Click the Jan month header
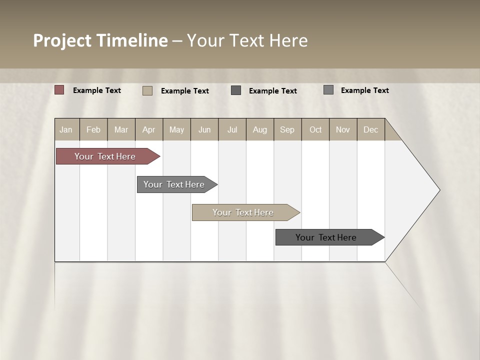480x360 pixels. [x=66, y=129]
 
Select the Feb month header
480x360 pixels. [x=93, y=129]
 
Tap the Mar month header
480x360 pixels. [x=121, y=129]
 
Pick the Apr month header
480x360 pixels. [x=149, y=129]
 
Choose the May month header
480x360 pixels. [x=176, y=129]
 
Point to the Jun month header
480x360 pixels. [x=204, y=129]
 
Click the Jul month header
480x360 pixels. [x=232, y=129]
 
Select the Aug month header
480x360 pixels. [x=260, y=129]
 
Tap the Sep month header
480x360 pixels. [x=287, y=129]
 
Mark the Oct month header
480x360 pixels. [x=315, y=129]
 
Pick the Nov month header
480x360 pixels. [x=343, y=129]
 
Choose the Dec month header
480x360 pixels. [x=371, y=129]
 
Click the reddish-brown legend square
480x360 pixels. [x=59, y=90]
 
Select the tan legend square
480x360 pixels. [x=147, y=90]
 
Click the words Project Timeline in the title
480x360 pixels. [x=100, y=40]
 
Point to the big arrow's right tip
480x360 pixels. [x=438, y=190]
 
